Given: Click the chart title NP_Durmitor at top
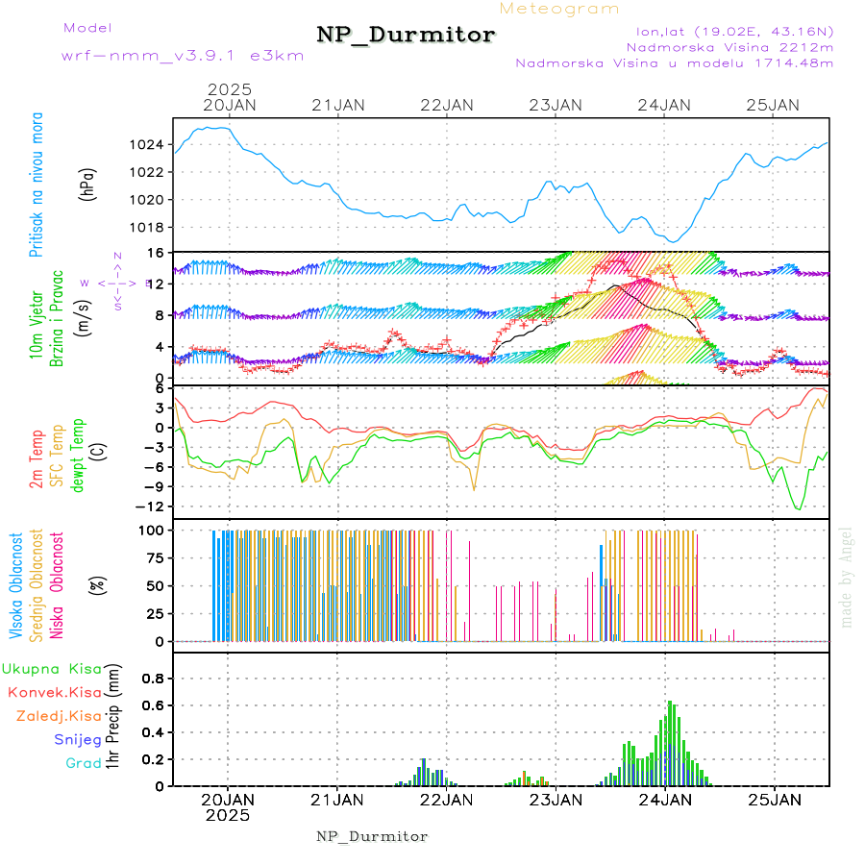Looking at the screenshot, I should [x=406, y=36].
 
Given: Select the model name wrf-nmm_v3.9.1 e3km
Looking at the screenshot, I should [x=183, y=56].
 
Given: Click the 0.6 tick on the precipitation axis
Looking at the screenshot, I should [x=155, y=704].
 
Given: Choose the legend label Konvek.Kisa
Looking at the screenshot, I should [x=54, y=692].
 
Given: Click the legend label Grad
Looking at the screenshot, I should [x=83, y=763].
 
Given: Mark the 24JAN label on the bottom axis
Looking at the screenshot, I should [x=664, y=800].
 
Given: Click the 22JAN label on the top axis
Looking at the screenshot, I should [x=447, y=105].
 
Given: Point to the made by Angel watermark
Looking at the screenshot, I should [x=847, y=577].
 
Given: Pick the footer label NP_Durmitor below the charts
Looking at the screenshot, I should [x=372, y=836].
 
